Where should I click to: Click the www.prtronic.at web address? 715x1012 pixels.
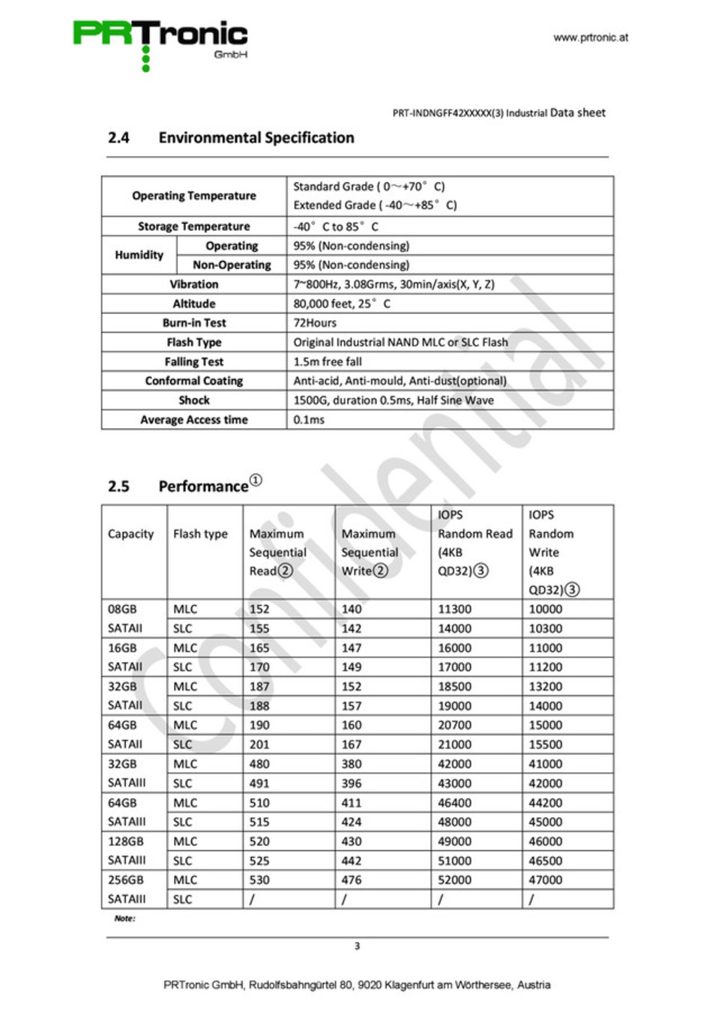pyautogui.click(x=591, y=37)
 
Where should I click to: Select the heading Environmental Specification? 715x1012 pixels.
pyautogui.click(x=256, y=138)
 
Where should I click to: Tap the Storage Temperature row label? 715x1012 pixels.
pyautogui.click(x=193, y=226)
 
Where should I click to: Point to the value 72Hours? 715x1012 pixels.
pyautogui.click(x=315, y=323)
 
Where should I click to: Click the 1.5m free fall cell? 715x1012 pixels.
pyautogui.click(x=328, y=361)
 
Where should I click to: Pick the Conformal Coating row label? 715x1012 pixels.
pyautogui.click(x=193, y=381)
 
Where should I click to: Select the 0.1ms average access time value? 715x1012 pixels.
pyautogui.click(x=309, y=420)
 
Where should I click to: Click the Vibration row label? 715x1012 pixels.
pyautogui.click(x=193, y=284)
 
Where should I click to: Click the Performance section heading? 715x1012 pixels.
pyautogui.click(x=203, y=487)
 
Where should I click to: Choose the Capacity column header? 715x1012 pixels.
pyautogui.click(x=130, y=534)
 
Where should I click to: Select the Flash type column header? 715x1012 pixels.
pyautogui.click(x=200, y=534)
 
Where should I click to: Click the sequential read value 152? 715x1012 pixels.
pyautogui.click(x=259, y=609)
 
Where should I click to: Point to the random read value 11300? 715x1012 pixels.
pyautogui.click(x=454, y=609)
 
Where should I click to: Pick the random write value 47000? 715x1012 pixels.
pyautogui.click(x=545, y=880)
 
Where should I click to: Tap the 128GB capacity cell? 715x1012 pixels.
pyautogui.click(x=125, y=841)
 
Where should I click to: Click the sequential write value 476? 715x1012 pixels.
pyautogui.click(x=352, y=880)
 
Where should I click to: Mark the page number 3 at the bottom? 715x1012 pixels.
pyautogui.click(x=357, y=946)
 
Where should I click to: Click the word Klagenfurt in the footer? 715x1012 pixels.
pyautogui.click(x=409, y=985)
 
